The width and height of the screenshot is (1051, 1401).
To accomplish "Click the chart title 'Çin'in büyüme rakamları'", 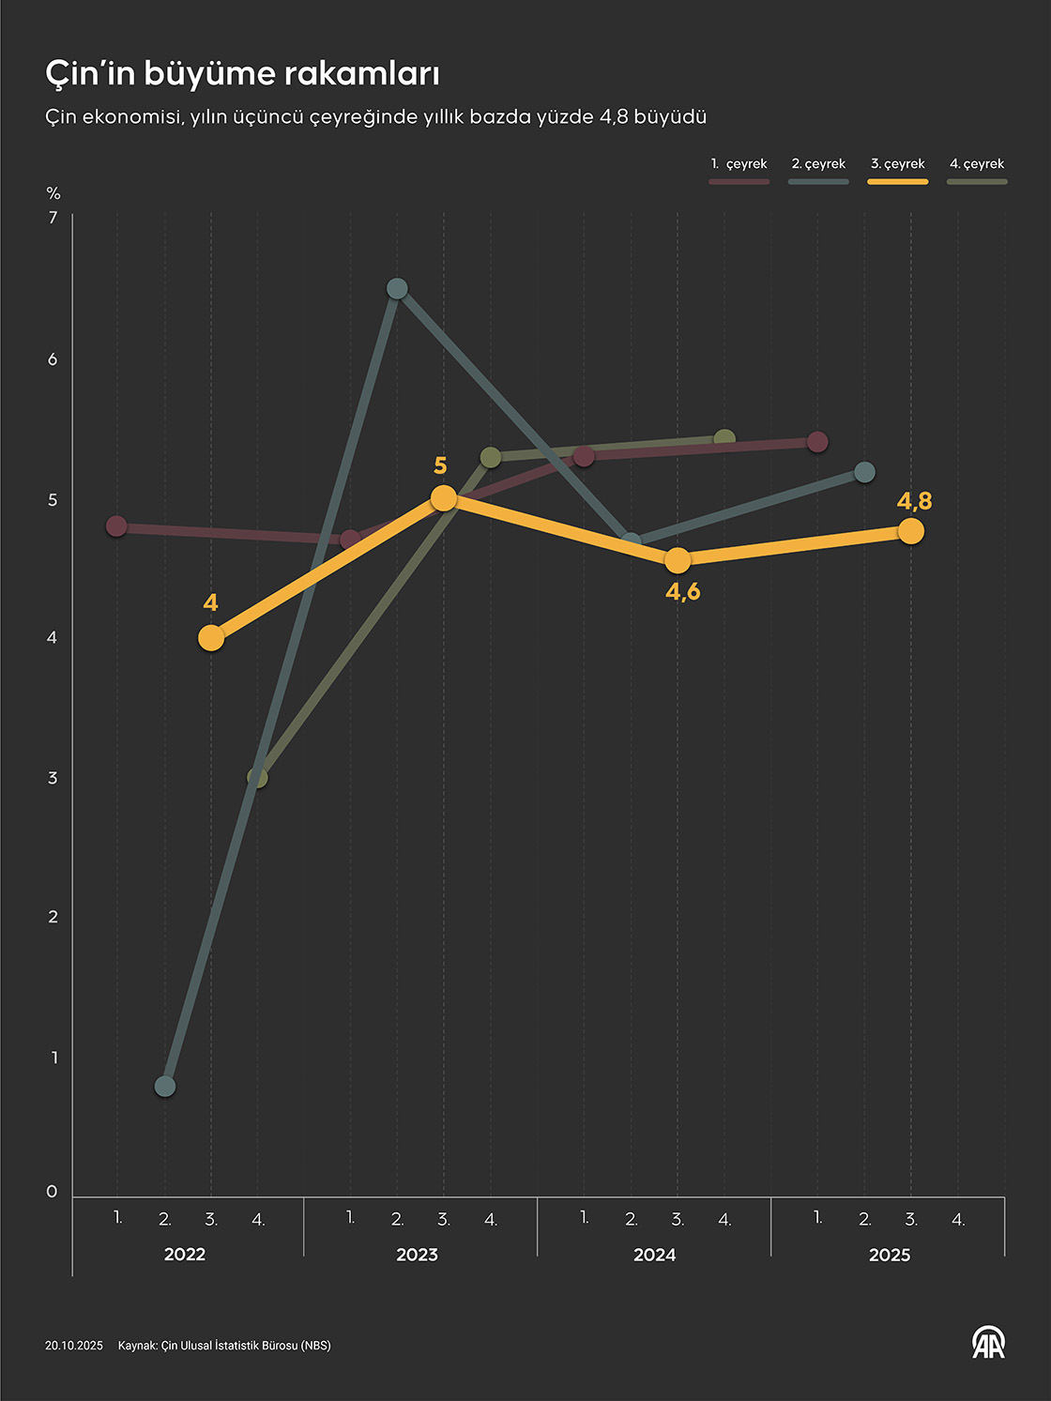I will pyautogui.click(x=242, y=73).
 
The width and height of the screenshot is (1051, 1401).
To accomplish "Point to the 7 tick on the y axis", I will pyautogui.click(x=53, y=218).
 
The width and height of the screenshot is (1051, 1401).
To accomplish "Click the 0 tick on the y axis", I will pyautogui.click(x=53, y=1192).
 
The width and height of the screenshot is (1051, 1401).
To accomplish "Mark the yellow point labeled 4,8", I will pyautogui.click(x=910, y=531).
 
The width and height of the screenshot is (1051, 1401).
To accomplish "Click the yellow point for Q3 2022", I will pyautogui.click(x=211, y=638).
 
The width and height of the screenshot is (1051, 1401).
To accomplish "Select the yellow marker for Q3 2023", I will pyautogui.click(x=444, y=498).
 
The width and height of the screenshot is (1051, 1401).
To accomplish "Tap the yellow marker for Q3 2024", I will pyautogui.click(x=678, y=560).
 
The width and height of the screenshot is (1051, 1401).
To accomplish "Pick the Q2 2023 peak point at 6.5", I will pyautogui.click(x=397, y=288).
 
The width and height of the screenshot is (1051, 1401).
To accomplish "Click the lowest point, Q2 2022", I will pyautogui.click(x=165, y=1087).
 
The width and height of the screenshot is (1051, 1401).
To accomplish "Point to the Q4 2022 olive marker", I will pyautogui.click(x=257, y=778).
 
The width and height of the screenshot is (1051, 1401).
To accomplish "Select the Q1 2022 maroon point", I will pyautogui.click(x=116, y=526).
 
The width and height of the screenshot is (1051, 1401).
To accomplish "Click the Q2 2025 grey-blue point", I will pyautogui.click(x=864, y=472).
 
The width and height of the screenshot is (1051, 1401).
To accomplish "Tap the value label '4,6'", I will pyautogui.click(x=683, y=592).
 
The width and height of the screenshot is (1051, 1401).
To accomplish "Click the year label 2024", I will pyautogui.click(x=654, y=1255).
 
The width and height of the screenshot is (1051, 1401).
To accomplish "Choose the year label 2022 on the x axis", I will pyautogui.click(x=185, y=1255).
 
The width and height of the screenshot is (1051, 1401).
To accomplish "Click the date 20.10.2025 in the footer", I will pyautogui.click(x=74, y=1346).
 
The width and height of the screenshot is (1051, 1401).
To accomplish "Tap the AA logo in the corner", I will pyautogui.click(x=988, y=1343).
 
